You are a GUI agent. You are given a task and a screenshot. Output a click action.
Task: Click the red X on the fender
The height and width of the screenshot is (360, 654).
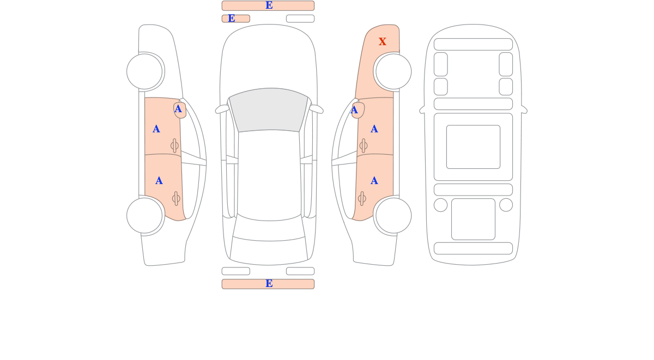click(x=382, y=41)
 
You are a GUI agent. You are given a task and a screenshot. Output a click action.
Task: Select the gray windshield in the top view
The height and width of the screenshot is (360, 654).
click(x=269, y=109)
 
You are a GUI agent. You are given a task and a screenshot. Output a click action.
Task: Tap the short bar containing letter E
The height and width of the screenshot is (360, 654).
click(x=236, y=19)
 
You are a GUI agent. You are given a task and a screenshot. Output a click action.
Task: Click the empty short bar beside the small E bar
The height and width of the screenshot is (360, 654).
click(x=300, y=19)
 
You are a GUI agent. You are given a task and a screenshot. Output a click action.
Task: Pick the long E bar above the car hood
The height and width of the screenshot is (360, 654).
click(x=268, y=5)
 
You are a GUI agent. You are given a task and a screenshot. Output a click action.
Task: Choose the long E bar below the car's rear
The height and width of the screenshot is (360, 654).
click(x=268, y=284)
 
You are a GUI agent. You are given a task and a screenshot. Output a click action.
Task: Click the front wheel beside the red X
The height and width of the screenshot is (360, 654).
click(x=393, y=71)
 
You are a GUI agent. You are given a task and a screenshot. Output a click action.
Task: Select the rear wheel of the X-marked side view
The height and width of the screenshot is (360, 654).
click(x=393, y=216)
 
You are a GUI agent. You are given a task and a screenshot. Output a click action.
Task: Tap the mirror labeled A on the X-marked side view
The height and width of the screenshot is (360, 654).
click(x=358, y=110)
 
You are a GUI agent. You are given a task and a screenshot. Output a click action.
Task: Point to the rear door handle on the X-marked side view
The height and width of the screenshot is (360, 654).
click(x=362, y=198)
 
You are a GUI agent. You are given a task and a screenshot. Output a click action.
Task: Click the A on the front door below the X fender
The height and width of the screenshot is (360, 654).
click(x=374, y=129)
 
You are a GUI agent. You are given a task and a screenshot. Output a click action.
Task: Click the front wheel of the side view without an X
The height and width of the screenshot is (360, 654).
click(x=144, y=71)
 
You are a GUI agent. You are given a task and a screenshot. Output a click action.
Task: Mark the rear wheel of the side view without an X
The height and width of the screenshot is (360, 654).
click(x=144, y=216)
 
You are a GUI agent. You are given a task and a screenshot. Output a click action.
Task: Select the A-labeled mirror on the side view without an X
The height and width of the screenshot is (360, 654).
click(x=180, y=110)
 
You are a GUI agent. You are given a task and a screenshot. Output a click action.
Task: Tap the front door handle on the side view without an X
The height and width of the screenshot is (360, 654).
click(x=174, y=145)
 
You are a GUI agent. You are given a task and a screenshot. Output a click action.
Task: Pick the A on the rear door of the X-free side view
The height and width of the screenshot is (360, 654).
click(x=159, y=181)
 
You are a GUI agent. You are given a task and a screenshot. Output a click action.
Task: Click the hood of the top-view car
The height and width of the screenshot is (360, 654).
click(x=269, y=58)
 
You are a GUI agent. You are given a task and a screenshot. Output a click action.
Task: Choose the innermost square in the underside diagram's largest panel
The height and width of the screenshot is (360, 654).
click(x=473, y=147)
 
